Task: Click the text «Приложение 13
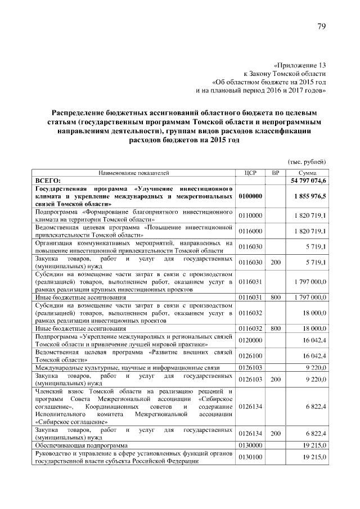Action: point(300,65)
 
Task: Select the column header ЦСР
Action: point(251,173)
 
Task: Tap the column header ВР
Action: point(275,173)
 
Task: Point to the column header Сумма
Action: point(307,173)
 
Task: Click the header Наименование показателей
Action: point(134,173)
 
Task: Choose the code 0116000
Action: point(250,231)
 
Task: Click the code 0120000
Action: point(250,340)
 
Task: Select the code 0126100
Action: point(250,356)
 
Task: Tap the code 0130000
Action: point(250,444)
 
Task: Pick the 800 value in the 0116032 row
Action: point(276,327)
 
